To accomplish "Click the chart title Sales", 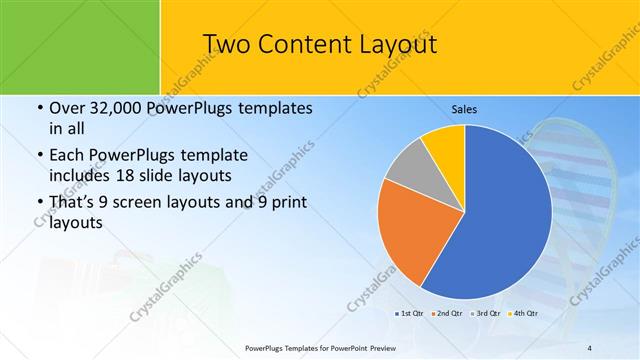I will [464, 108].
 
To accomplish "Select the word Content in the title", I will [302, 45].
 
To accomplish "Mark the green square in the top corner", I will [80, 45].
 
